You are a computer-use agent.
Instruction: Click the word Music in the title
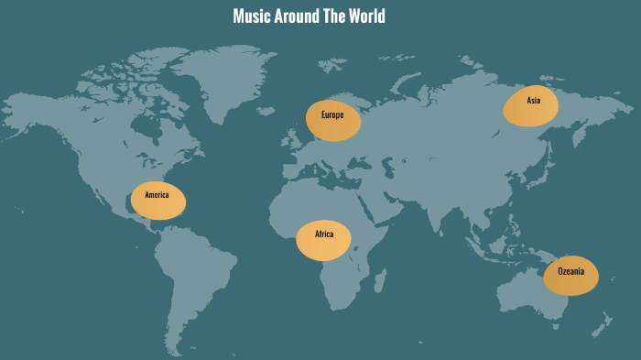(252, 16)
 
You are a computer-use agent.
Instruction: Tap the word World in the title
(364, 16)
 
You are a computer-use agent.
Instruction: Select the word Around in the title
(296, 16)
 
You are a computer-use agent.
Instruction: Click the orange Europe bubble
(333, 120)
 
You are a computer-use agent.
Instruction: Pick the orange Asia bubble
(530, 106)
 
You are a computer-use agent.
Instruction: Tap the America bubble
(158, 201)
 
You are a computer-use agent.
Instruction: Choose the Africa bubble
(324, 240)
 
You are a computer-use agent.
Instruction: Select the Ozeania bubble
(570, 276)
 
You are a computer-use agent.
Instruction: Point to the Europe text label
(332, 115)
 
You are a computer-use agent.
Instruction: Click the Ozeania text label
(570, 272)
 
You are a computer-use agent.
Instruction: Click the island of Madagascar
(378, 278)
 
